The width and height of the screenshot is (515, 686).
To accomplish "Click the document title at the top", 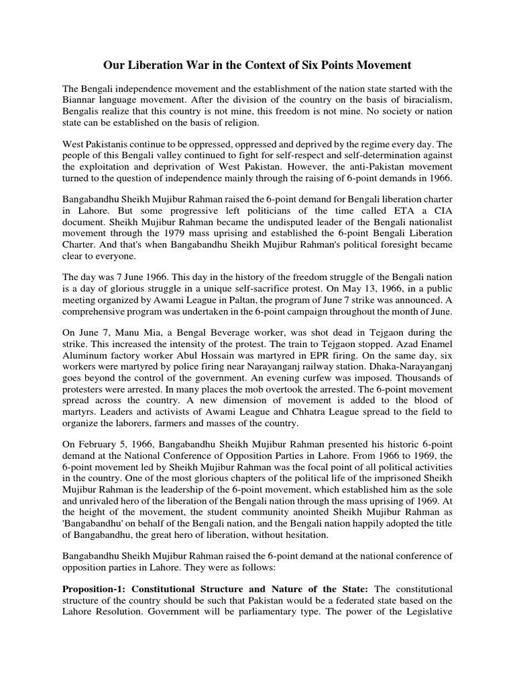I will pyautogui.click(x=257, y=65).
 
